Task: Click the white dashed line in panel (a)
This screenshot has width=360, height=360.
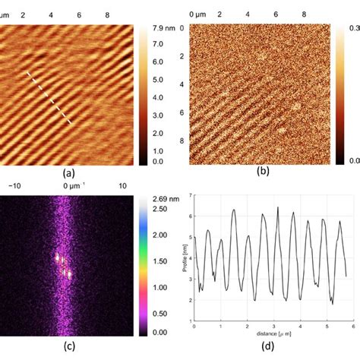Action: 50,98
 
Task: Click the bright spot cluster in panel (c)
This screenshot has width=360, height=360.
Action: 62,264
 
